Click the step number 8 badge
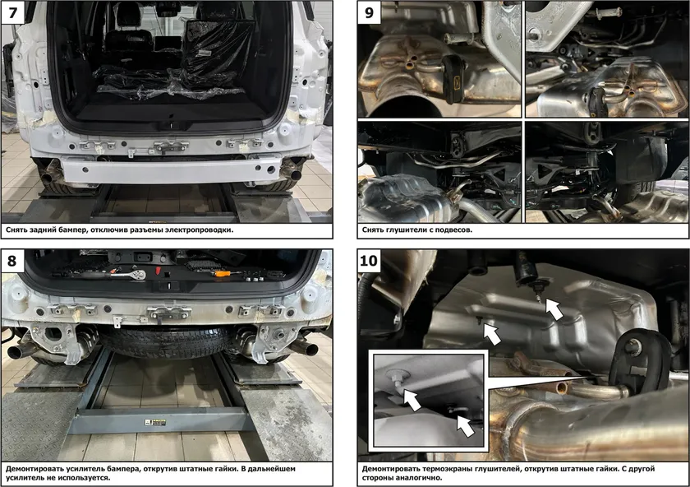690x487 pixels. [x=11, y=261]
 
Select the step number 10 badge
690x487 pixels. [x=369, y=261]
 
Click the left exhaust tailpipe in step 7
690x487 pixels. [x=47, y=178]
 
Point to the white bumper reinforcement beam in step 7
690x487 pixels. [x=171, y=169]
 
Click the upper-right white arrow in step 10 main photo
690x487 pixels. [x=554, y=308]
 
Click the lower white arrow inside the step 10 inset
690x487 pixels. [x=466, y=426]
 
